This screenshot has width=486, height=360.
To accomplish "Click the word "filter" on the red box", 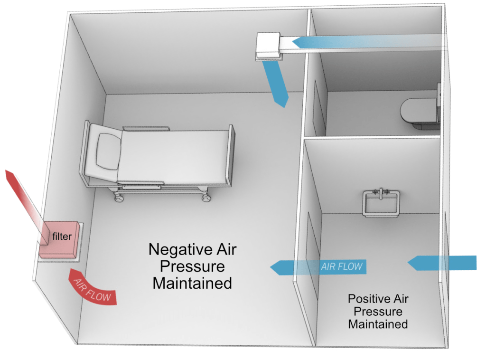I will click(62, 236).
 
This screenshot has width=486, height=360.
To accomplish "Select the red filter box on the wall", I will click(60, 240).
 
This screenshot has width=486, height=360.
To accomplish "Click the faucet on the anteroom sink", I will click(381, 192).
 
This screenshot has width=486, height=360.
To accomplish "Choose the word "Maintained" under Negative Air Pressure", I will click(192, 283).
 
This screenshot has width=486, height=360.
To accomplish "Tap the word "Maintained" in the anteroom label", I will click(378, 324).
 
